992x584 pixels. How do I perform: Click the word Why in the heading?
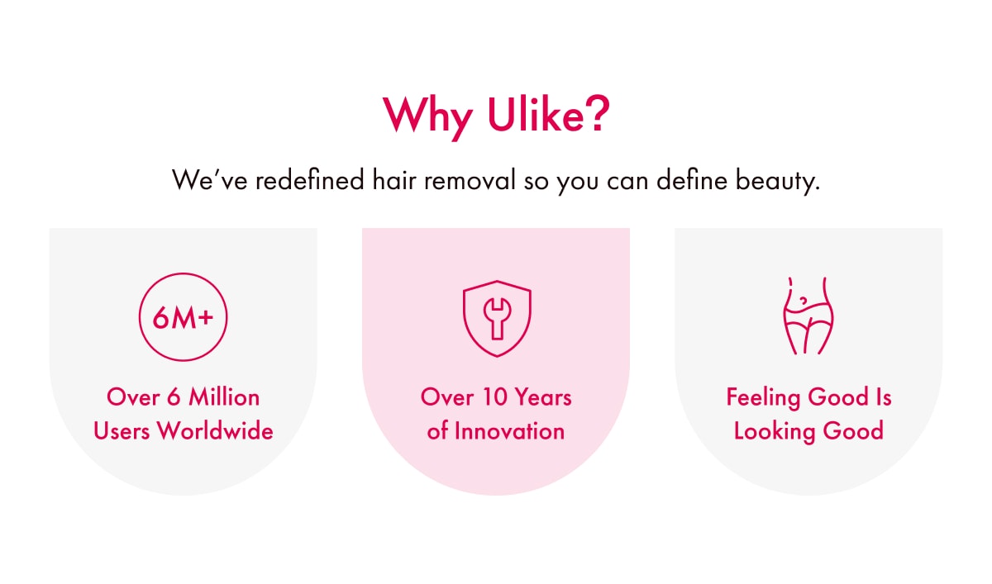point(427,116)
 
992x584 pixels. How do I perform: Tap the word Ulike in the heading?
point(536,114)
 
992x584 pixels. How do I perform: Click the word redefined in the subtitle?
point(309,180)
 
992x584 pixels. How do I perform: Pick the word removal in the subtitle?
point(470,180)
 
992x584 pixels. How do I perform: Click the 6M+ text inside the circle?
point(183,318)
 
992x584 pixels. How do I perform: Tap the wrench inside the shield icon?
point(497,319)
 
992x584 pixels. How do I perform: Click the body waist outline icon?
point(808,316)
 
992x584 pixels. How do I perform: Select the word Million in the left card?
point(224,397)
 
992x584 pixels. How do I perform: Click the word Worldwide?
point(216,431)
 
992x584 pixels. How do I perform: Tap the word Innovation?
point(510,431)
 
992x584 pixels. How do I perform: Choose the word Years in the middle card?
point(543,397)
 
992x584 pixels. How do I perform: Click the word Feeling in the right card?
point(764,398)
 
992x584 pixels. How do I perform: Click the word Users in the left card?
point(122,431)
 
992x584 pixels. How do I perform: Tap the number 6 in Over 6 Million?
point(174,397)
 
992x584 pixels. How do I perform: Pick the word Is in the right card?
point(884,397)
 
